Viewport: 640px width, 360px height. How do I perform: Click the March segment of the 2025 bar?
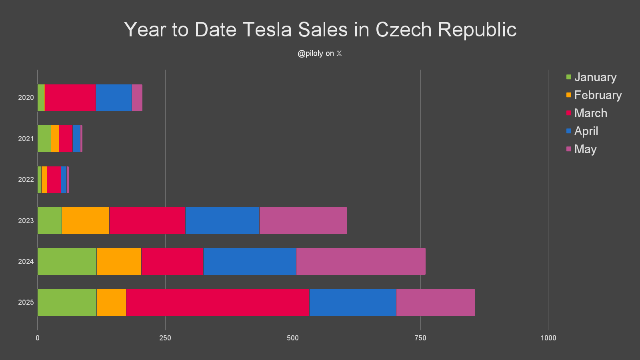tap(218, 302)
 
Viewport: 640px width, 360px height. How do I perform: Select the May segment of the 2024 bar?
tap(361, 262)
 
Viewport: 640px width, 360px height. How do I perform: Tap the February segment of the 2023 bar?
tap(86, 220)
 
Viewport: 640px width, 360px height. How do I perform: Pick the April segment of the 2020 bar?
tap(114, 98)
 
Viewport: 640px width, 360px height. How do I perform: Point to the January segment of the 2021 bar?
tap(44, 138)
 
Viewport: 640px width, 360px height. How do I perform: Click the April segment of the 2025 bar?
tap(353, 302)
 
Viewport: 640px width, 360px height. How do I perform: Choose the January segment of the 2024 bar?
tap(67, 262)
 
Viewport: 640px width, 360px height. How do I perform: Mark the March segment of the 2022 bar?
tap(54, 180)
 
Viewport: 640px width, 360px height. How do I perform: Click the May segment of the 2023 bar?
tap(303, 220)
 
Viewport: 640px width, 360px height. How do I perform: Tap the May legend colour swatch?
tap(569, 149)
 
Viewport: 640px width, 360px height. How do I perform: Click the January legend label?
tap(595, 77)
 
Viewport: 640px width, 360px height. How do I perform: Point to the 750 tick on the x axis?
tap(420, 338)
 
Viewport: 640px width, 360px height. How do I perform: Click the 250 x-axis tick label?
tap(165, 338)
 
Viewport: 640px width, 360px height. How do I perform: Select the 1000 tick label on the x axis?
tap(548, 338)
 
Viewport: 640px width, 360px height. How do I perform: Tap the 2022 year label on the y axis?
tap(26, 180)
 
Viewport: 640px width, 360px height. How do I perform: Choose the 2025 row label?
tap(26, 302)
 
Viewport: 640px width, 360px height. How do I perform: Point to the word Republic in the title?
tap(477, 30)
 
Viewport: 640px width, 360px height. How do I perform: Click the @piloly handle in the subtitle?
tap(310, 54)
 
